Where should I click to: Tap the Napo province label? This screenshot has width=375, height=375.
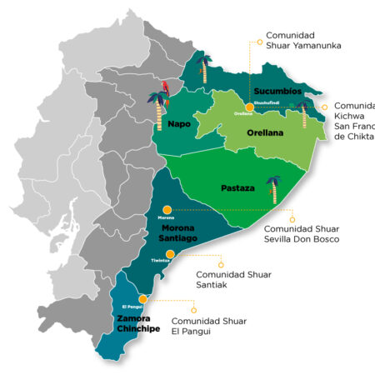click(179, 124)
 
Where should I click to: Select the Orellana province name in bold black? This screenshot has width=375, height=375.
click(265, 132)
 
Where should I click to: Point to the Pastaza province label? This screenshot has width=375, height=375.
click(236, 188)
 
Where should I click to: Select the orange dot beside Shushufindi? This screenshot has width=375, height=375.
click(249, 106)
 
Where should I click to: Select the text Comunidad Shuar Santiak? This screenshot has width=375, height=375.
click(228, 279)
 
